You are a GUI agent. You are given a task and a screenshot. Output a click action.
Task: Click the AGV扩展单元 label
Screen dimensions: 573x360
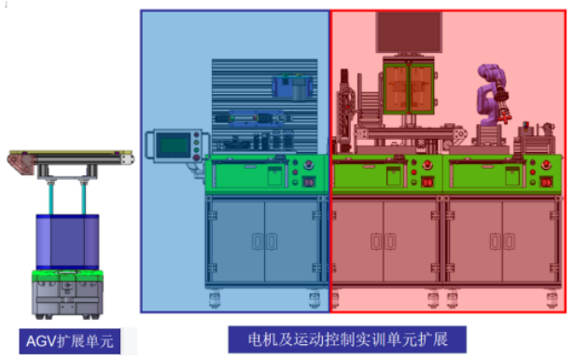tap(70, 341)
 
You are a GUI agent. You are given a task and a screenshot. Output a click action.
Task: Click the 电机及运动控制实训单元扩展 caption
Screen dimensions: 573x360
tap(347, 339)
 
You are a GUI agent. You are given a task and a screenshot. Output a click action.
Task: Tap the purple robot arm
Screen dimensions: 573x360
tap(491, 95)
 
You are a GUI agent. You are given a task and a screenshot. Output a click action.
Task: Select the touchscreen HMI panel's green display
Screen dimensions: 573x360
tap(174, 145)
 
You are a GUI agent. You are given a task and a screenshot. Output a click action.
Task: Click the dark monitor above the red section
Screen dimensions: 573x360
tap(409, 32)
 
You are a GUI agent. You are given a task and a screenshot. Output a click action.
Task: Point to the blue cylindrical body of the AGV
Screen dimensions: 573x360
tap(67, 242)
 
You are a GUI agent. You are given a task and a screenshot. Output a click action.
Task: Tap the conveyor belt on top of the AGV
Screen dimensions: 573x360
tap(71, 159)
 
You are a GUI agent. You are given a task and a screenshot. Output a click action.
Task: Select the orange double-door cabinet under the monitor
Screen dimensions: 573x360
tap(408, 88)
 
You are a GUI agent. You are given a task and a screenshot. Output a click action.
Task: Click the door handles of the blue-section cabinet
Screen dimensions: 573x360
tap(264, 242)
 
